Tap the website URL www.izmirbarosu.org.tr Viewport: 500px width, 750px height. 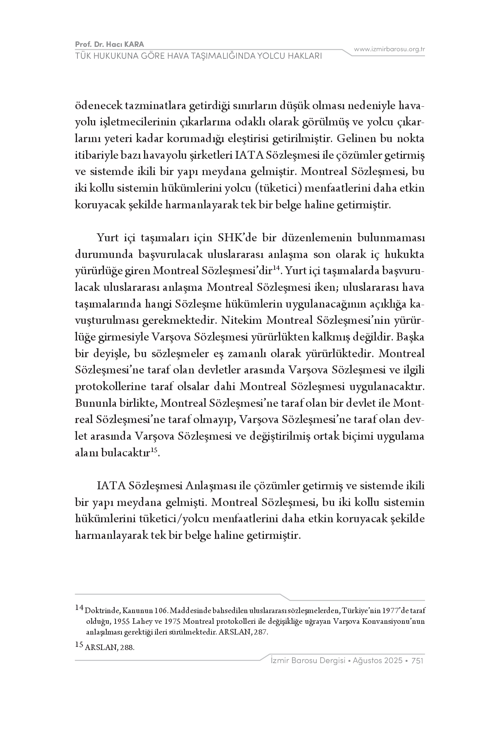pos(389,50)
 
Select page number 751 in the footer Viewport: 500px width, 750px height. pos(417,661)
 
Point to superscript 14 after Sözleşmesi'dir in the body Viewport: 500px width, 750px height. pos(277,269)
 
